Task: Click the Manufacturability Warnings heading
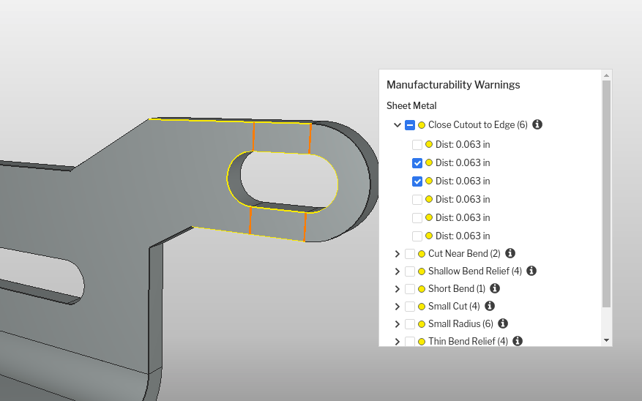(x=453, y=85)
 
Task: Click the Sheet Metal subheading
(x=411, y=105)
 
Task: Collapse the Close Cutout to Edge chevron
(x=397, y=125)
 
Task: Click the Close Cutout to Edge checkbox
(x=410, y=125)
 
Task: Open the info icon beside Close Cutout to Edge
(x=537, y=124)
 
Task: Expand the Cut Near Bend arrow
(x=397, y=254)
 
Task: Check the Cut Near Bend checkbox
(x=410, y=254)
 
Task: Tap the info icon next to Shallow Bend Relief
(x=531, y=271)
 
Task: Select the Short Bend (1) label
(x=457, y=288)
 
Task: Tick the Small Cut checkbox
(x=410, y=306)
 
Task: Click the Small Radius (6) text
(x=460, y=323)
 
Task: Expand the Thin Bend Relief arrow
(x=397, y=341)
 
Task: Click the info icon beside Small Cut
(x=490, y=306)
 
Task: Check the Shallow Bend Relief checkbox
(x=410, y=271)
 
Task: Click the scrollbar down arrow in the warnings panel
(x=607, y=340)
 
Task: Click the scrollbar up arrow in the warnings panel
(x=607, y=75)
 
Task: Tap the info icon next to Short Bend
(x=495, y=288)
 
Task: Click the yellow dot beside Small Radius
(x=422, y=324)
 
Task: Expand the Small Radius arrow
(x=397, y=324)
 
